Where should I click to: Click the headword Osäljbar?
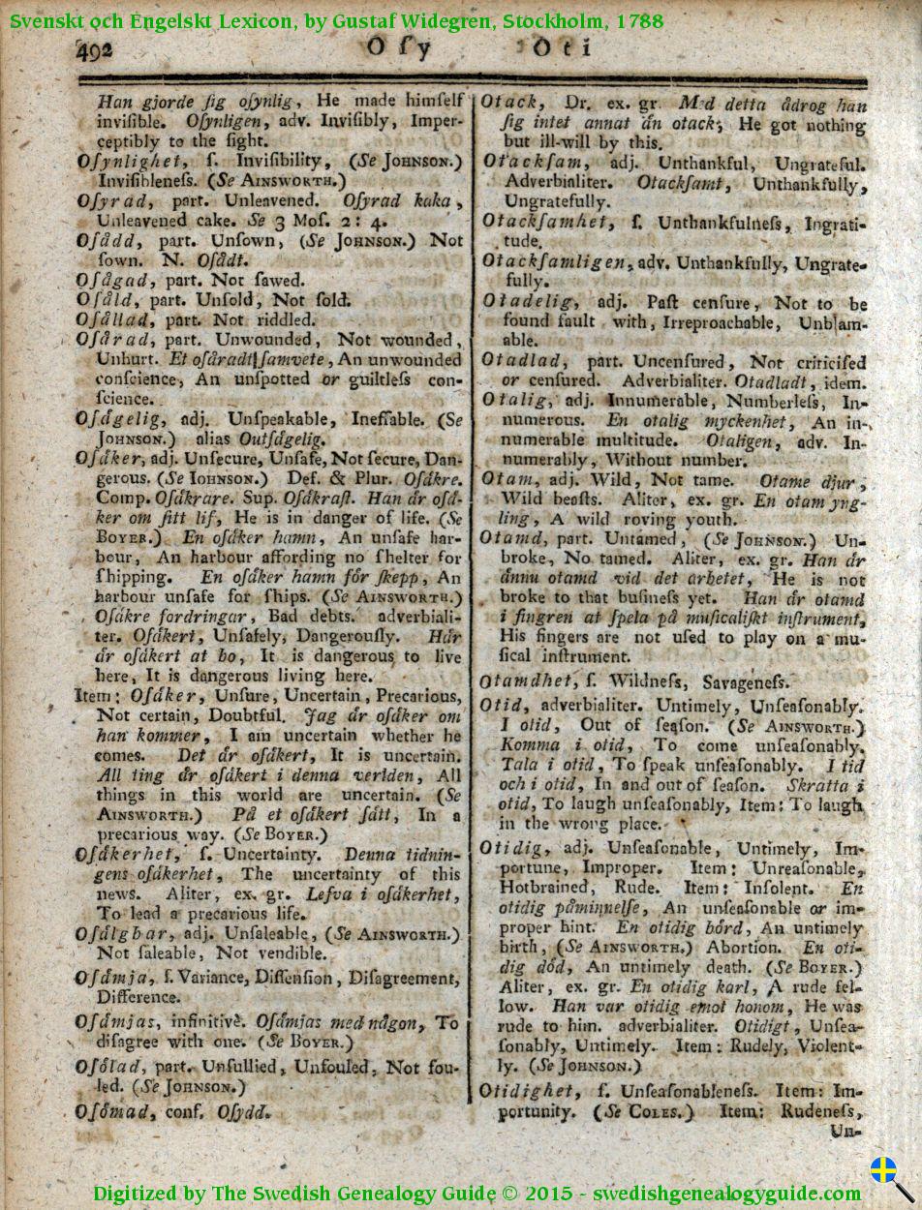point(119,934)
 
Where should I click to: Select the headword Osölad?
point(109,1067)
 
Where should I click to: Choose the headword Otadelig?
point(531,302)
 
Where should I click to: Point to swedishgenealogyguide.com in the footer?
point(727,1193)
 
